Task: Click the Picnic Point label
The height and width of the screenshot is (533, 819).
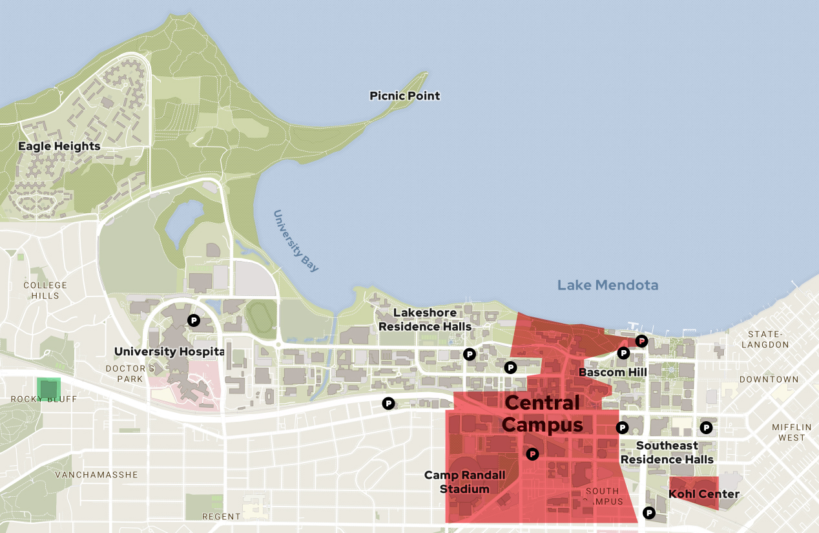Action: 404,96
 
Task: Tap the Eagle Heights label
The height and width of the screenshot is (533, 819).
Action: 59,146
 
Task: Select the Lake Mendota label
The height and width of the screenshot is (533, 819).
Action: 608,285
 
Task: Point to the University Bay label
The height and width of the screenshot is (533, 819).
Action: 296,241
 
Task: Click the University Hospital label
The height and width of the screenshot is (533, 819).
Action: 169,351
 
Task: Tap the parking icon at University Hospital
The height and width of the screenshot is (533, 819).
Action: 193,320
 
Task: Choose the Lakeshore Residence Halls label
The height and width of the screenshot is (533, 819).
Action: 425,320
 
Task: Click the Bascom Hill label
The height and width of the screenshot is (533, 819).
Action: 612,372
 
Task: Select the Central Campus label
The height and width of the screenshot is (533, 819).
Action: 542,413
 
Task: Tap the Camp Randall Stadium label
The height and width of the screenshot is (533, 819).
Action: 464,482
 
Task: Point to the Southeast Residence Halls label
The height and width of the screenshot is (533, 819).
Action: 667,452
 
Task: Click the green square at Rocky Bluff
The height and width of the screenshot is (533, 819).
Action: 48,389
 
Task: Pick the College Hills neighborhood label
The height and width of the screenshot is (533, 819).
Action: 45,290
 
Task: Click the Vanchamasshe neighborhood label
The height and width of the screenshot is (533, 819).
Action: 96,474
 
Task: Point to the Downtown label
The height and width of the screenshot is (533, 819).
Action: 769,379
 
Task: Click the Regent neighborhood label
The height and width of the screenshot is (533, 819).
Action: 221,516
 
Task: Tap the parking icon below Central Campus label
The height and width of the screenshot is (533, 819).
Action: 532,454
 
